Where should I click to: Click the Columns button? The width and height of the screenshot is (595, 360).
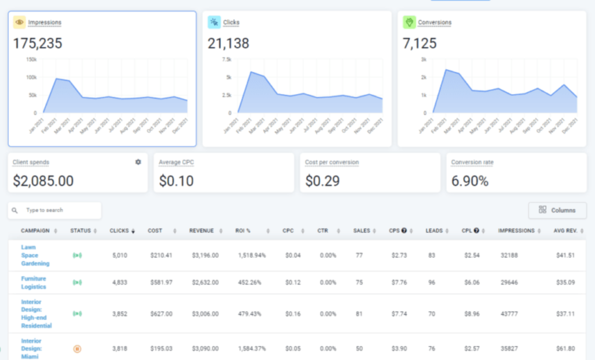tap(557, 210)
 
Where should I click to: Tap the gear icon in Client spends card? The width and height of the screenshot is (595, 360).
tap(138, 162)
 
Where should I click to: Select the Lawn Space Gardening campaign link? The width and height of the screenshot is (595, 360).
tap(35, 255)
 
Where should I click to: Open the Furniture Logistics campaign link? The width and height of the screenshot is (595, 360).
tap(34, 282)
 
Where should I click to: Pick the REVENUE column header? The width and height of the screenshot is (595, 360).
tap(202, 231)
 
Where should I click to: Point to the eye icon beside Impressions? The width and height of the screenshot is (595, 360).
tap(19, 22)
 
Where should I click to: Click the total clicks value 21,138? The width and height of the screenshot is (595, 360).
tap(232, 43)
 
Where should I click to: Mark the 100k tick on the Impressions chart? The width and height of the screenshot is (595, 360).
tap(31, 77)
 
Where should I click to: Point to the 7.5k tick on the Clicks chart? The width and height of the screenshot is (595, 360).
tap(226, 59)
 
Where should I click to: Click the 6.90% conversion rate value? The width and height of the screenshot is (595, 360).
tap(470, 181)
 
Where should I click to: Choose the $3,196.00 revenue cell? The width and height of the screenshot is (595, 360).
tap(202, 255)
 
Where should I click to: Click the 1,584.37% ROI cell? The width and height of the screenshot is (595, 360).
tap(252, 349)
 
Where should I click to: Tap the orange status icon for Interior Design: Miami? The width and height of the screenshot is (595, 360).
tap(77, 349)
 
